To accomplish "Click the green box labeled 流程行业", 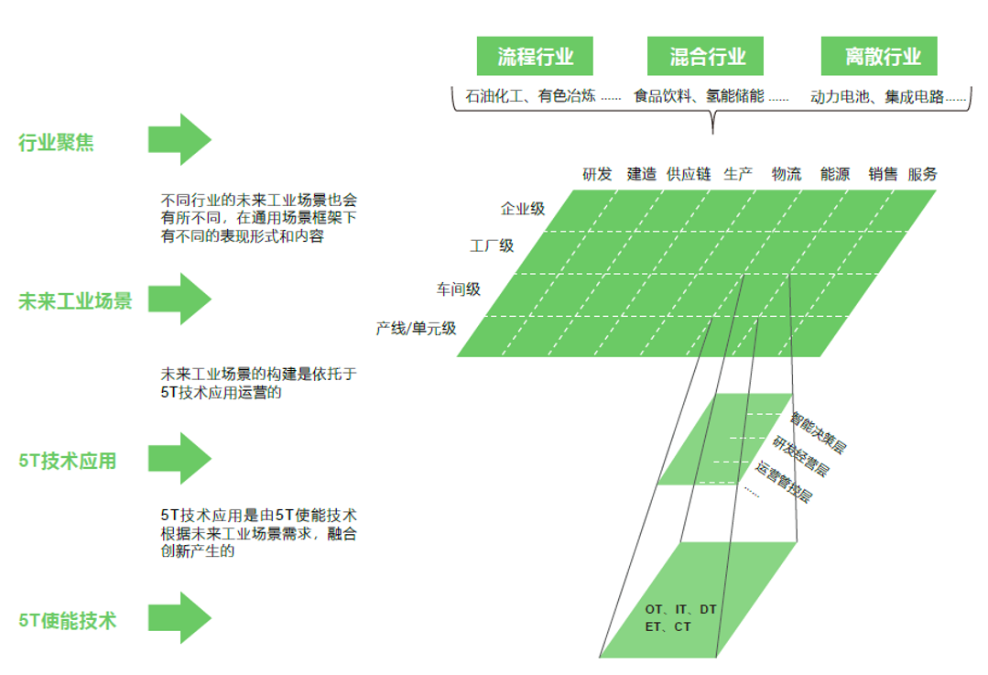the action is click(x=535, y=56).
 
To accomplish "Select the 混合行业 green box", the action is click(x=705, y=56).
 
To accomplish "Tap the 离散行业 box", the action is click(x=879, y=56).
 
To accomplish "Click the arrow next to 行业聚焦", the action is click(x=179, y=139).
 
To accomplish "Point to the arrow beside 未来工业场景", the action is click(x=179, y=299).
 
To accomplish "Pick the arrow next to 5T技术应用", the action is click(x=179, y=458).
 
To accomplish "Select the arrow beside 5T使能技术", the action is click(x=179, y=617).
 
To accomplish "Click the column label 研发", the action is click(x=597, y=174).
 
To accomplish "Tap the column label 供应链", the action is click(x=689, y=174).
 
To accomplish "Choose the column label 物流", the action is click(x=787, y=174).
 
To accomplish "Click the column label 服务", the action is click(x=922, y=174).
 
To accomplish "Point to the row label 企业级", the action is click(x=522, y=209).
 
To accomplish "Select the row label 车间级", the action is click(x=459, y=289).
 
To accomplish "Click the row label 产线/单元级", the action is click(x=416, y=329).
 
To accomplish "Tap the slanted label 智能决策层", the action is click(x=818, y=433).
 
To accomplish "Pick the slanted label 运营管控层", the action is click(x=784, y=482).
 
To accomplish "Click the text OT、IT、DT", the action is click(x=680, y=609).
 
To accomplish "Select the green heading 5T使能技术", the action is click(x=68, y=621).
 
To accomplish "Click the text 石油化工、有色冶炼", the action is click(x=530, y=96).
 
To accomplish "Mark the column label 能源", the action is click(x=835, y=174).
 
